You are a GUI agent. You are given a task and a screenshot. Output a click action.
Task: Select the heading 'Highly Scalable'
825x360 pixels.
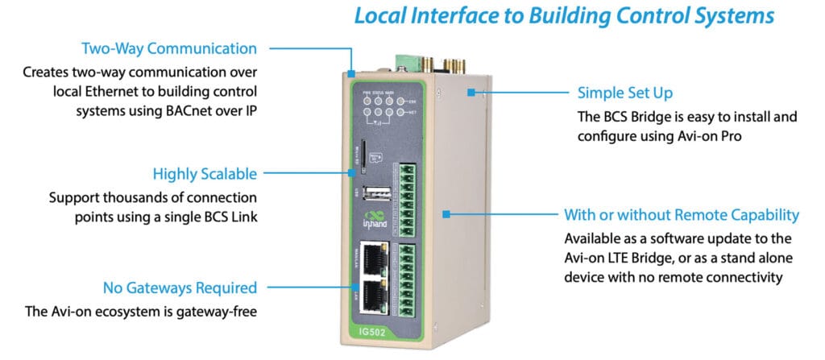(x=205, y=173)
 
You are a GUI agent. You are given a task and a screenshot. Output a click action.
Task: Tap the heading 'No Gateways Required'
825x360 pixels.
(x=180, y=288)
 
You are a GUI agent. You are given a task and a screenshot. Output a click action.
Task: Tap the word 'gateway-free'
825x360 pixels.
(x=219, y=311)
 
